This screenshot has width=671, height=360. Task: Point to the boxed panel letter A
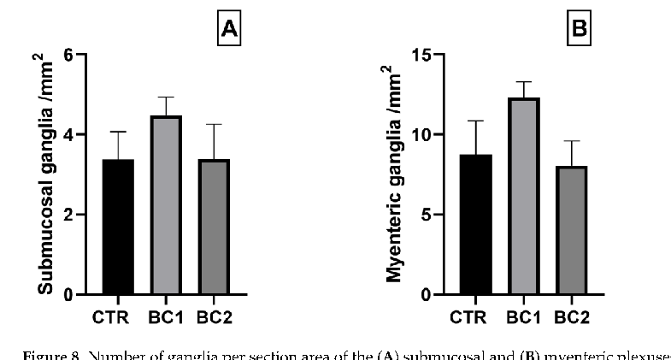click(229, 30)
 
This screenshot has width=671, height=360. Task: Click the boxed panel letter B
click(580, 30)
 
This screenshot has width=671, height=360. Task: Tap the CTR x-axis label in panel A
click(113, 318)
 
